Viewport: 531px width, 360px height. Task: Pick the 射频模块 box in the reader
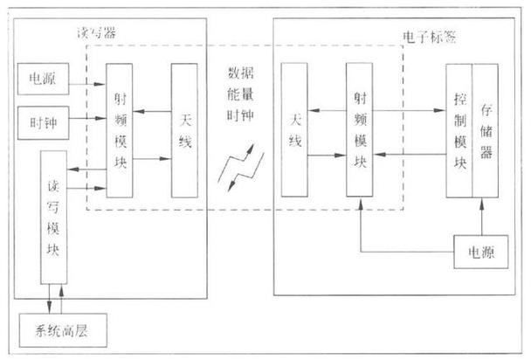[121, 131]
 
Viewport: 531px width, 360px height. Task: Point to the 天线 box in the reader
[184, 130]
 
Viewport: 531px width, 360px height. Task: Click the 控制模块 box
[459, 130]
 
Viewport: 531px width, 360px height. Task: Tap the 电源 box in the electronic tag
[480, 253]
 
